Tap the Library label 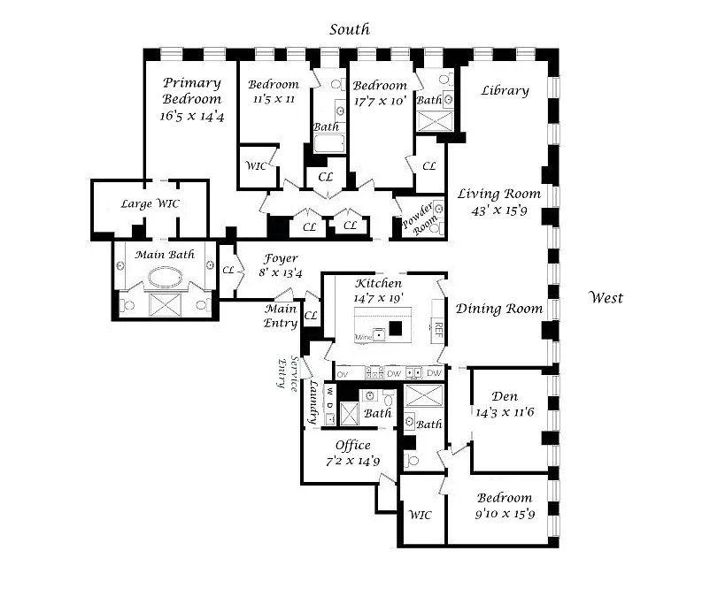point(505,90)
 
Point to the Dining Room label point(498,309)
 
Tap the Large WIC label point(150,203)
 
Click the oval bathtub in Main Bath point(165,278)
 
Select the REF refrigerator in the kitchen point(437,331)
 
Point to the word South point(350,29)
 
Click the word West point(606,297)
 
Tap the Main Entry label point(282,316)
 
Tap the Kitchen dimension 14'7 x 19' point(378,299)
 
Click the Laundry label point(313,403)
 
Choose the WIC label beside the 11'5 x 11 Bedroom point(257,166)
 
